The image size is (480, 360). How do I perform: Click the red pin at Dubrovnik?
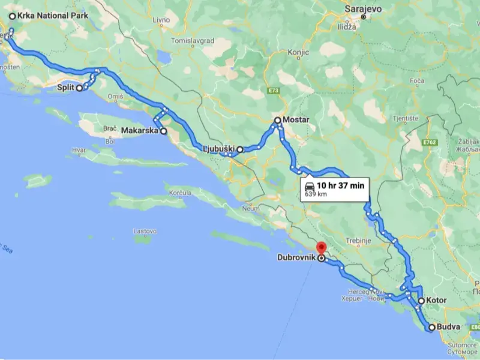tap(321, 247)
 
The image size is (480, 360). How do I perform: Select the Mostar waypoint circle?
tap(278, 121)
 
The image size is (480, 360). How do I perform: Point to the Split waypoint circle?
tap(79, 88)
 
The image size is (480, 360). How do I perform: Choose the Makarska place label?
tap(139, 130)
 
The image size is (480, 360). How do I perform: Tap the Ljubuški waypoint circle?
tap(239, 149)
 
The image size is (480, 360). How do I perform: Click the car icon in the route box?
tap(309, 185)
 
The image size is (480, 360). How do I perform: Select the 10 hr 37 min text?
tap(341, 185)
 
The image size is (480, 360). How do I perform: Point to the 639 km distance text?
tap(316, 194)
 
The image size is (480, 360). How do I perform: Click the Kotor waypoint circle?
tap(421, 301)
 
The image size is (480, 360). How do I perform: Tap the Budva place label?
tap(449, 327)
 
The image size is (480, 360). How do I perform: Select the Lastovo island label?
tap(145, 230)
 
